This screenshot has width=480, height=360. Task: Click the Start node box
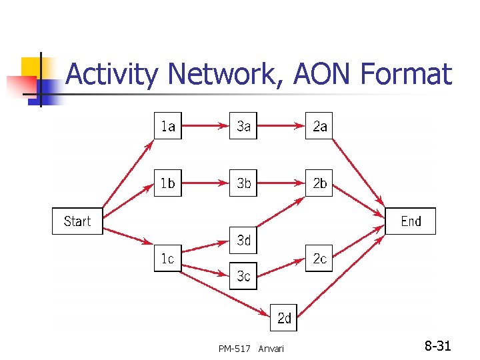click(77, 221)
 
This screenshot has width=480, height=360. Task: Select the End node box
click(411, 221)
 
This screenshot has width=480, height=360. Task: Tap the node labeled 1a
click(167, 125)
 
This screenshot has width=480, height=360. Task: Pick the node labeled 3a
click(244, 125)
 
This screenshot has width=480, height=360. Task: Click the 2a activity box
click(320, 125)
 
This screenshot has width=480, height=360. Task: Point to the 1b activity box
click(167, 183)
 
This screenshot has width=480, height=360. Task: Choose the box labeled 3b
click(244, 183)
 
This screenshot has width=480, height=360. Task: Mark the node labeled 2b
click(320, 183)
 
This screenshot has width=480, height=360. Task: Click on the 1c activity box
click(167, 258)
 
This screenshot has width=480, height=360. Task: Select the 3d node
click(244, 240)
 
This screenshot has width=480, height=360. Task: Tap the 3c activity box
click(244, 275)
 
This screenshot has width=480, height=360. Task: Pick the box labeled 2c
click(320, 258)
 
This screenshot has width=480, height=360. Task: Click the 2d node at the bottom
click(284, 318)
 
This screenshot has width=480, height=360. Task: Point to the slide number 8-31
click(438, 346)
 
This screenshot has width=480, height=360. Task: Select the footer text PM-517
click(234, 349)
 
